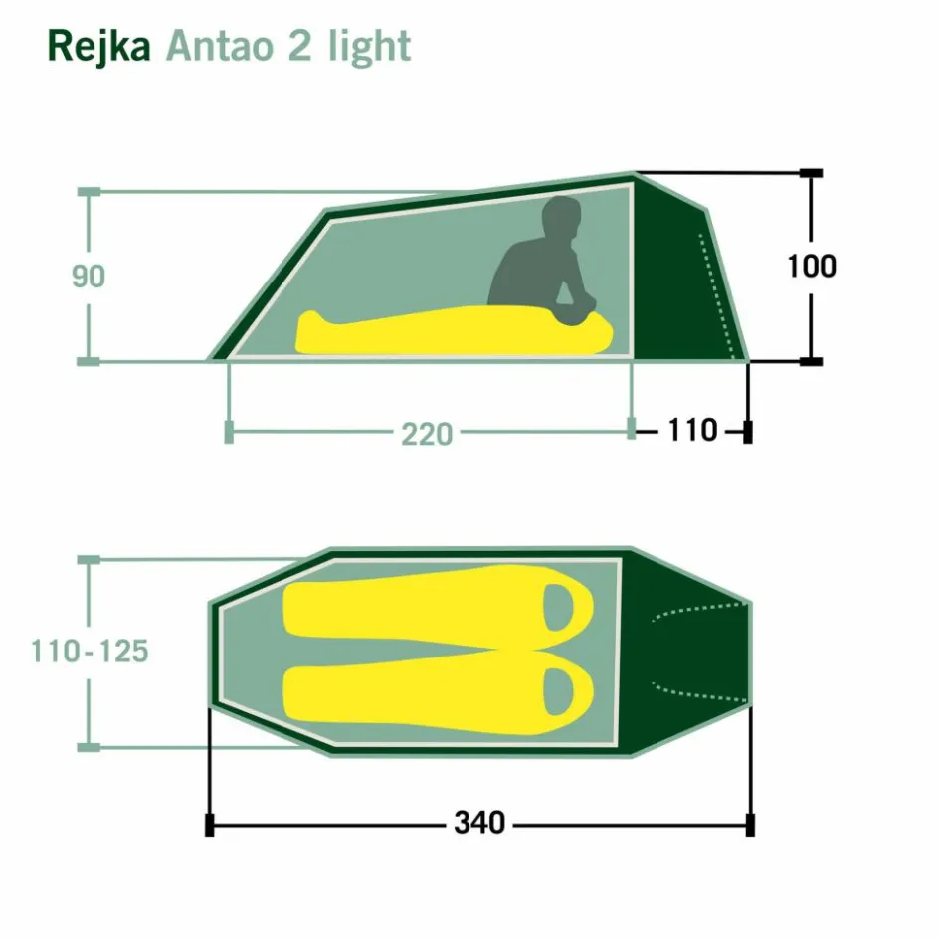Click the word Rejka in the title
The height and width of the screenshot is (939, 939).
click(x=98, y=47)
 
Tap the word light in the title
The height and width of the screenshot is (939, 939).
click(x=369, y=47)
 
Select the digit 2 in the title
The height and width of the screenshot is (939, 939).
click(x=300, y=46)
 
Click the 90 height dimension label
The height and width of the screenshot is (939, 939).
click(x=89, y=277)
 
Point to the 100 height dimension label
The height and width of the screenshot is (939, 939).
click(x=812, y=266)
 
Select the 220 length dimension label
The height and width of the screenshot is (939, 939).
click(x=427, y=434)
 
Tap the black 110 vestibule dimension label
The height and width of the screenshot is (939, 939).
click(x=692, y=430)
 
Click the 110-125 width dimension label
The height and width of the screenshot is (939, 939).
click(x=90, y=651)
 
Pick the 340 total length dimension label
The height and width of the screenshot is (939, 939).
click(x=479, y=823)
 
